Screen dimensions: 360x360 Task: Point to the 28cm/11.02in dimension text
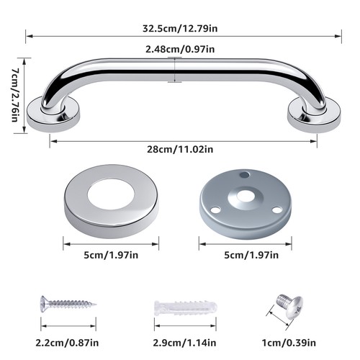coord(180,149)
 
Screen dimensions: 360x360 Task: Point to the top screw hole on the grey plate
coord(244,174)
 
